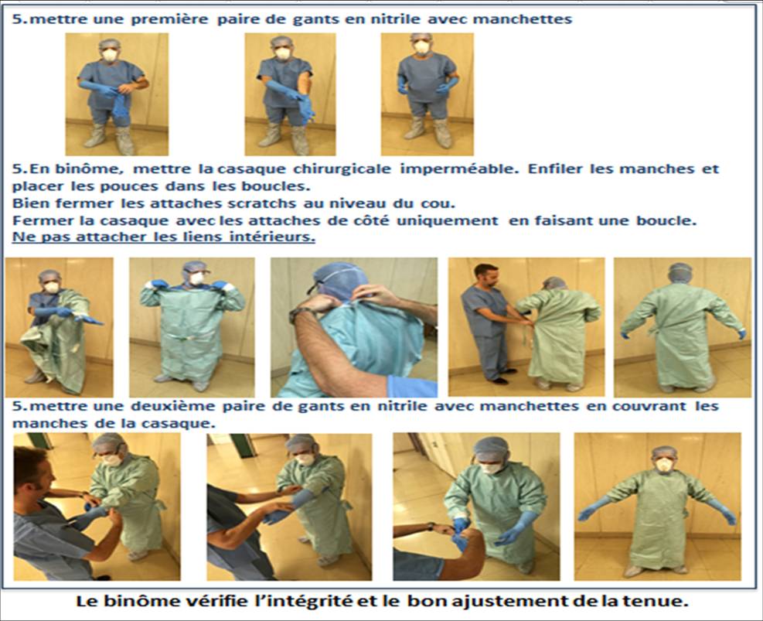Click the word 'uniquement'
[x=447, y=221]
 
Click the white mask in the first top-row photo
[x=110, y=55]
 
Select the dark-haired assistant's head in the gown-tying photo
[x=486, y=275]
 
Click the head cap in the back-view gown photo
[x=680, y=272]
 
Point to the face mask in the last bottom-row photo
[x=664, y=464]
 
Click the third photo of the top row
[x=427, y=94]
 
